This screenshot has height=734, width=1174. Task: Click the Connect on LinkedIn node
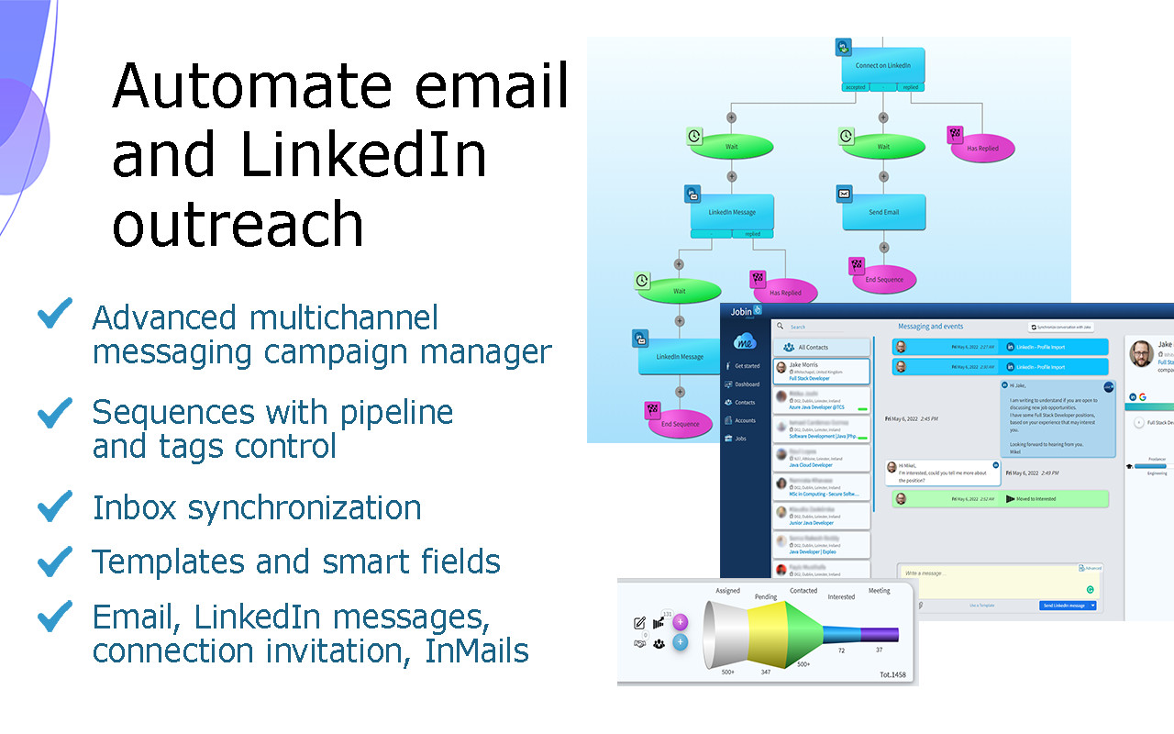[x=883, y=66]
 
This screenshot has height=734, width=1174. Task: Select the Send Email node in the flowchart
[x=883, y=212]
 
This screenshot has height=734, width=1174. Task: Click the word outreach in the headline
[x=238, y=223]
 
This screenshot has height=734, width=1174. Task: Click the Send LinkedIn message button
[x=1064, y=606]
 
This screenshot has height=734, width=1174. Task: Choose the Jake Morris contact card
[x=821, y=371]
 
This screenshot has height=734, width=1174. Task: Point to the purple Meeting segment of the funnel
[x=880, y=634]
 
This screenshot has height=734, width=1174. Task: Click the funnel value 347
[x=767, y=673]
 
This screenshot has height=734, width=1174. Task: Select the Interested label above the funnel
[x=841, y=597]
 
